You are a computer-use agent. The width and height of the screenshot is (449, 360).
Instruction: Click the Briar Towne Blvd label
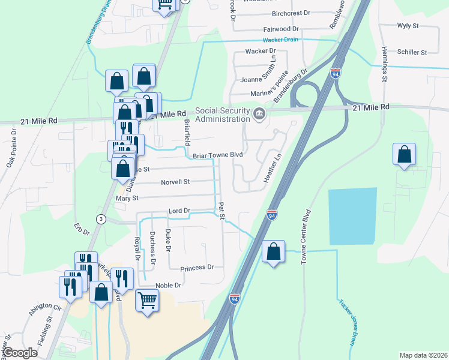(217, 155)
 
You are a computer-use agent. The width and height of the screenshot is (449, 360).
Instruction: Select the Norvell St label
(175, 181)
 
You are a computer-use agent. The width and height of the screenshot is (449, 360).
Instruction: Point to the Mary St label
(127, 197)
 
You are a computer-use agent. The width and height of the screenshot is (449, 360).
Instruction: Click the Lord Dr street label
(179, 211)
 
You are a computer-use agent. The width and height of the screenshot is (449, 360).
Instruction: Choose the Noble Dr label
(168, 286)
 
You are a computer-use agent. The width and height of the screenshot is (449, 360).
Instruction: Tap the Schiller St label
(412, 53)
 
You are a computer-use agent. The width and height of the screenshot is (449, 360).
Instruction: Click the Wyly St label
(408, 26)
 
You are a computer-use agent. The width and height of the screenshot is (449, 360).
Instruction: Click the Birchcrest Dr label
(291, 13)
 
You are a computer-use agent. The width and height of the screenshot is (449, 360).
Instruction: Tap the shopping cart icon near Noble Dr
(147, 299)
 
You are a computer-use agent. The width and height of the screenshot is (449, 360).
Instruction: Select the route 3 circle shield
(101, 219)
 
